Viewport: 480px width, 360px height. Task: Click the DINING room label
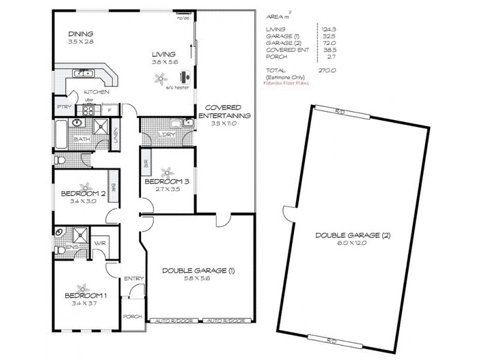80,34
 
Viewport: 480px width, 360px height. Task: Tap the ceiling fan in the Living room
160,77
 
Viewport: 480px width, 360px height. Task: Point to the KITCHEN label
96,92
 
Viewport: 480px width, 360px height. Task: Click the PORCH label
131,316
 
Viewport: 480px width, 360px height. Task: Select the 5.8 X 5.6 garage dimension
197,280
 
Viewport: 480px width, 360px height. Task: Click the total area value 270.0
326,70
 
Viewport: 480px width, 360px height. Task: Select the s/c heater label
178,88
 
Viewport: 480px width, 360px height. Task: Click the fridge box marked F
110,110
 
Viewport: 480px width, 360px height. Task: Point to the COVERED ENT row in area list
287,50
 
